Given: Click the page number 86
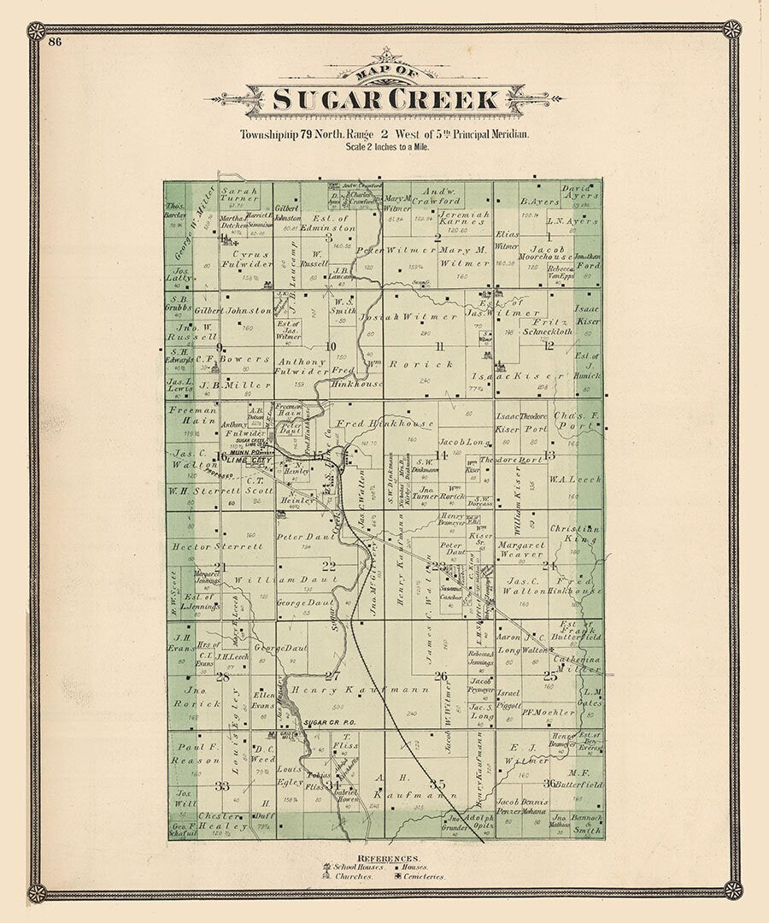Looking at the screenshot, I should coord(56,41).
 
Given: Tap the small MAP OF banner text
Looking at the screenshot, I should coord(387,73).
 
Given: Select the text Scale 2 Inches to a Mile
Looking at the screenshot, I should coord(387,147).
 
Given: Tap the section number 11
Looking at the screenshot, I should coord(439,346).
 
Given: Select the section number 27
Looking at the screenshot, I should coord(332,676).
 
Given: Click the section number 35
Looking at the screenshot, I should coord(438,784).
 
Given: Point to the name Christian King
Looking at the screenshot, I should coord(574,535).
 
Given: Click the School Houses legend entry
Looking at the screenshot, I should coord(353,867).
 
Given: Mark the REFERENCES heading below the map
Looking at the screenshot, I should coord(388,857).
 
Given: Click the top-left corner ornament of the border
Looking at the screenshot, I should coord(36,31).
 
